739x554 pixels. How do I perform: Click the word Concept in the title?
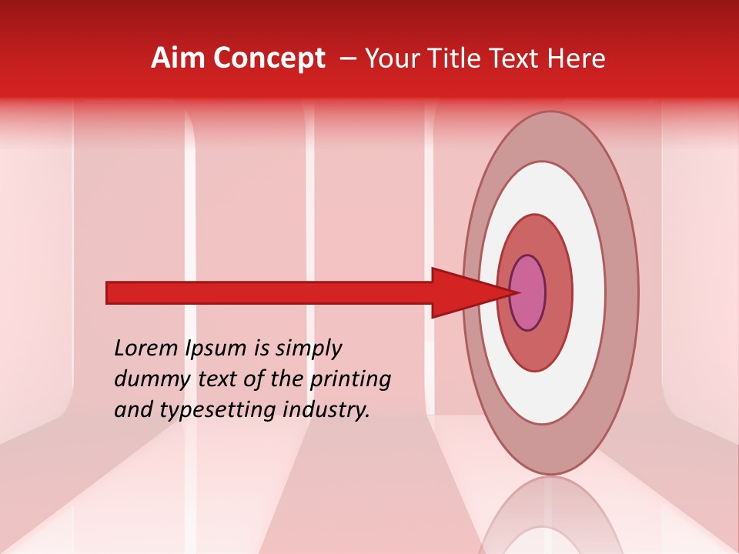pos(269,58)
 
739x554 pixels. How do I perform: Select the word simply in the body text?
pos(307,349)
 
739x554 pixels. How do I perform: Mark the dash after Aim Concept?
pos(347,58)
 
